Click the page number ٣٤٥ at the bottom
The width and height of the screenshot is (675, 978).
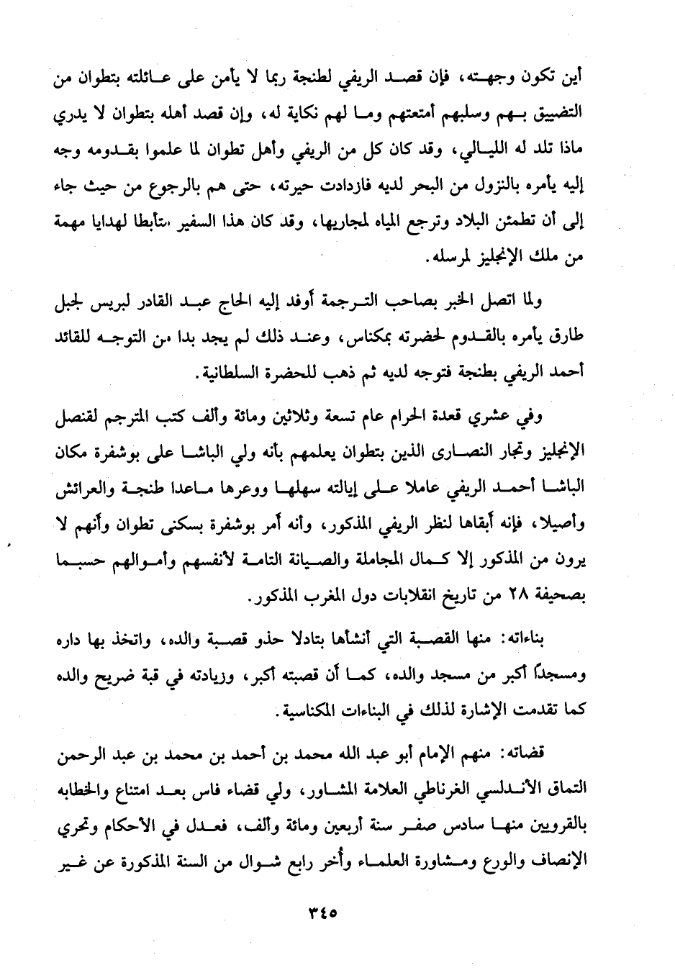pyautogui.click(x=322, y=910)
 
